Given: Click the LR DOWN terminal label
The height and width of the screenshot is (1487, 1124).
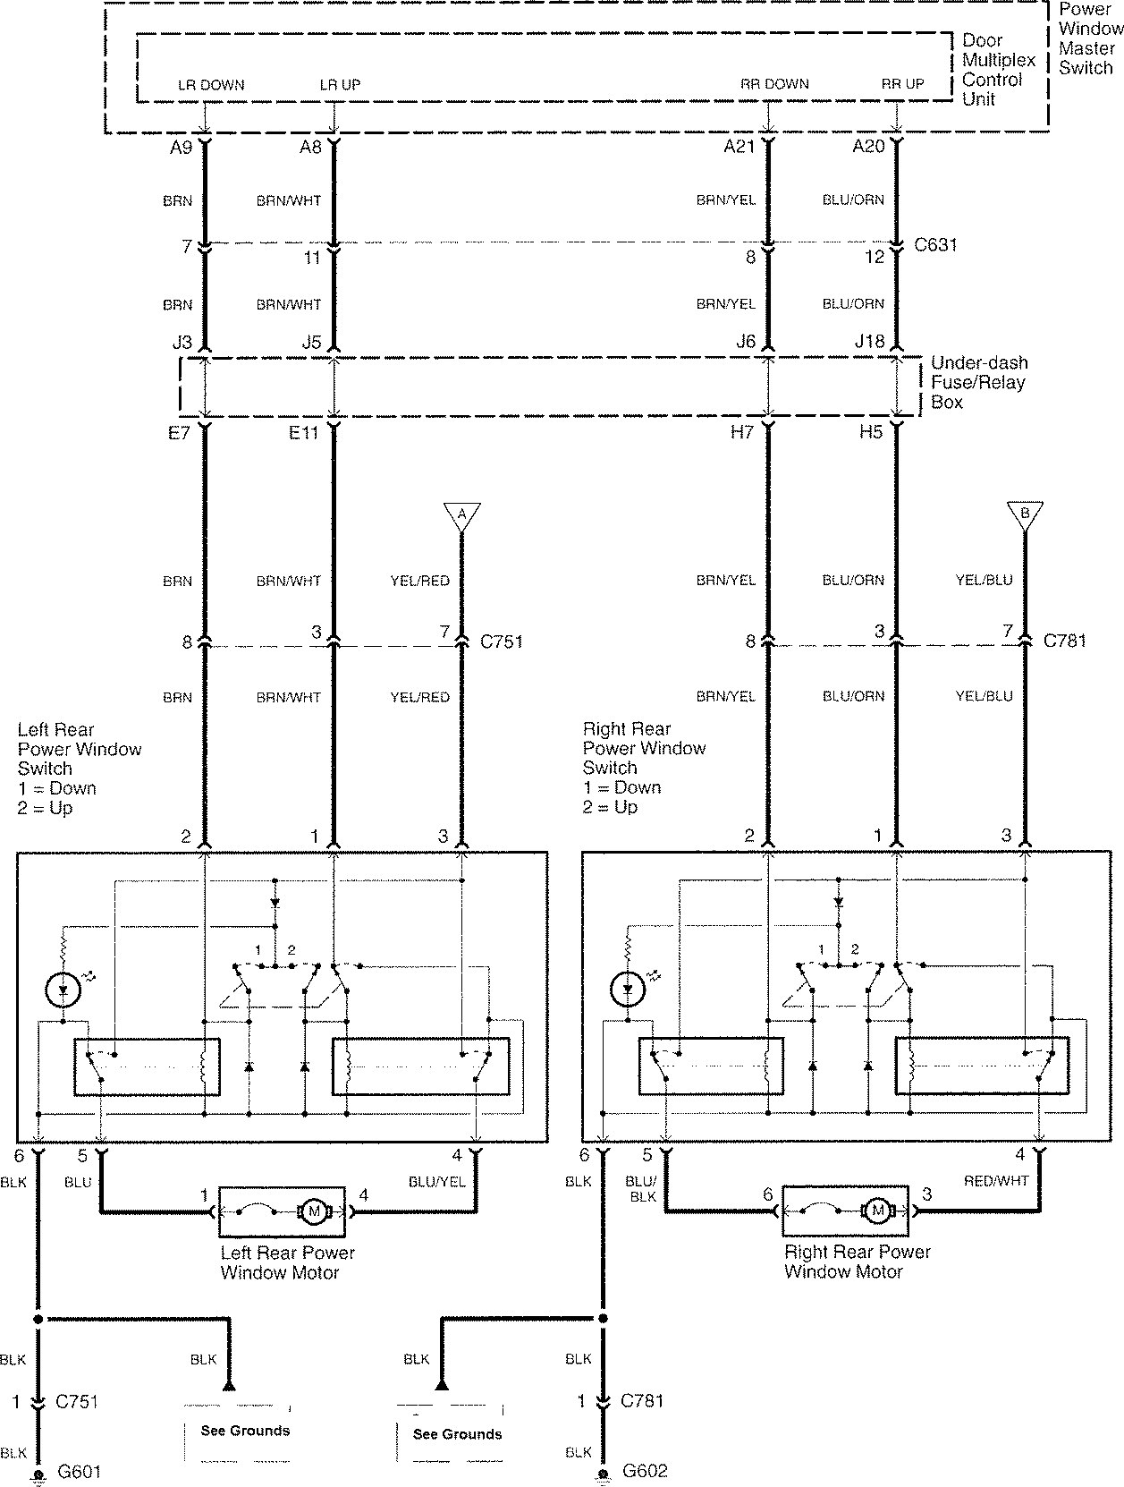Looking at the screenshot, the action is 210,85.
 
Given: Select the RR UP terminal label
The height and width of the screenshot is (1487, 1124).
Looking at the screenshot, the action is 902,84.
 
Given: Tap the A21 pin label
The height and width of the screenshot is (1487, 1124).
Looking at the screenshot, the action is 739,147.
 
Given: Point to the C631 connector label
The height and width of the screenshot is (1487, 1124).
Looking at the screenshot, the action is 935,244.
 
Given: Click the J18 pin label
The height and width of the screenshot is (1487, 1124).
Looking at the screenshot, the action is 869,342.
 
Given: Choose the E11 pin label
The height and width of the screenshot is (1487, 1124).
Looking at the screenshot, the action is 303,432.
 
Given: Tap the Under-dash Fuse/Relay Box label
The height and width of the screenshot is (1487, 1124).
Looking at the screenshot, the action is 979,382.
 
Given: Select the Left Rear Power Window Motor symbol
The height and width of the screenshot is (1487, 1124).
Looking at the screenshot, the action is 282,1212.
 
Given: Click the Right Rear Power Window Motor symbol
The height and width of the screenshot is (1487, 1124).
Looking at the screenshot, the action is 845,1211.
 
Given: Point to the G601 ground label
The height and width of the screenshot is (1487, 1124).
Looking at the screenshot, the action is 80,1472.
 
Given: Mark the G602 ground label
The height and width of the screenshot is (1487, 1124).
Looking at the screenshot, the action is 645,1471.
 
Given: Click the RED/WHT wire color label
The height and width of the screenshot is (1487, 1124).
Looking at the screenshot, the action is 996,1181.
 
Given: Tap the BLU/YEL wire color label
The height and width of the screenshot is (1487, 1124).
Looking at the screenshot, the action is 436,1182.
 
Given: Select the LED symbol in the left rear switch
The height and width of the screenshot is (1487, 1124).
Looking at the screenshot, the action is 63,990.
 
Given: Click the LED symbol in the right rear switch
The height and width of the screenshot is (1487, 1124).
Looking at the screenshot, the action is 628,989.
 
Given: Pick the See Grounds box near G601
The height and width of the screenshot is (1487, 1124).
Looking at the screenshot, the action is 238,1431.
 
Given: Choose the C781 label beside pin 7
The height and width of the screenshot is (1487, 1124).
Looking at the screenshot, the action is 1064,641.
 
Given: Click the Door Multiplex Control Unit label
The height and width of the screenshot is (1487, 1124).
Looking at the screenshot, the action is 999,70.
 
